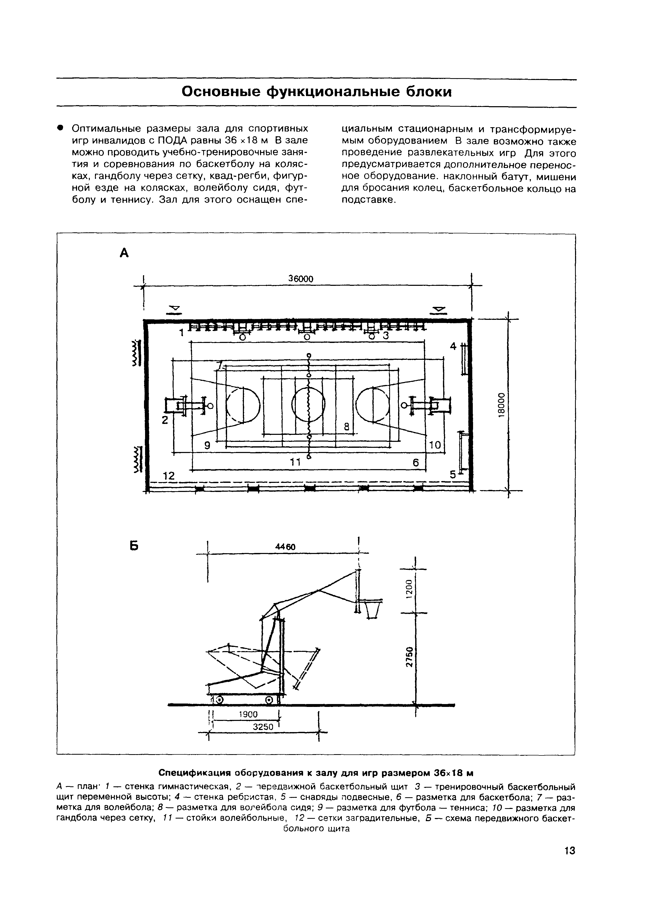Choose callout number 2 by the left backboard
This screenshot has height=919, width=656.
click(165, 420)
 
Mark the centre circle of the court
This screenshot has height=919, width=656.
click(308, 404)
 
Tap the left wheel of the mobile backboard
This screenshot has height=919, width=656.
click(219, 700)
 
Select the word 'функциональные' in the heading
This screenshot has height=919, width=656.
click(334, 92)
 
